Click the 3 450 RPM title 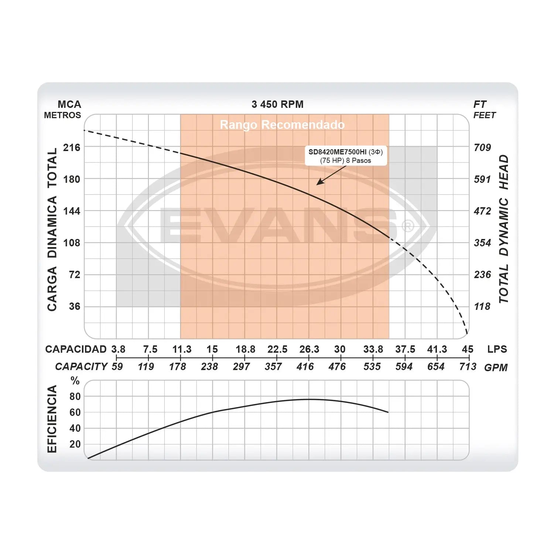[277, 105]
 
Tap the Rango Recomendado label [282, 125]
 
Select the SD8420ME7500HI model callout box [346, 156]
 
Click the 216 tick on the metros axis [72, 148]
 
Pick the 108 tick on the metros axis [72, 243]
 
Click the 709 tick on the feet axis [482, 148]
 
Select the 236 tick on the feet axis [482, 275]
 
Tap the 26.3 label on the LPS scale [309, 349]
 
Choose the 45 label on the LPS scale [468, 349]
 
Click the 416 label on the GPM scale [305, 367]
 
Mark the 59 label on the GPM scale [117, 367]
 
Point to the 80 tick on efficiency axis [75, 397]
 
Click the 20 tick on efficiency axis [75, 444]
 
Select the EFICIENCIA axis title [52, 419]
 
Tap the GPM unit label [496, 367]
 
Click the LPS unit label [497, 349]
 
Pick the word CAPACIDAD [76, 349]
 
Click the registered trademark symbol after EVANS [408, 226]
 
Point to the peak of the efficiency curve [310, 399]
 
